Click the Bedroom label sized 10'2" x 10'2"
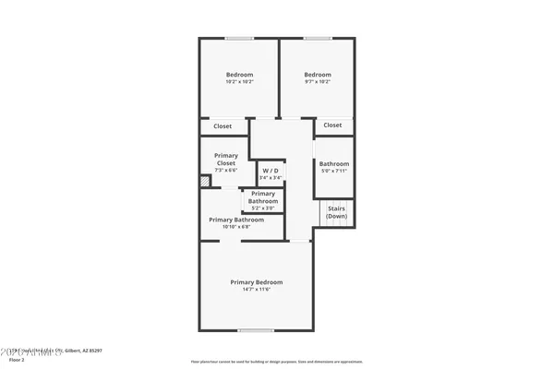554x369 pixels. pyautogui.click(x=240, y=75)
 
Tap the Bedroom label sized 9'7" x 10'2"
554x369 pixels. pyautogui.click(x=318, y=75)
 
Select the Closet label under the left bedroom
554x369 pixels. pyautogui.click(x=223, y=125)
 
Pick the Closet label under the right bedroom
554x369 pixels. pyautogui.click(x=332, y=125)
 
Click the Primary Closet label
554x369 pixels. pyautogui.click(x=226, y=160)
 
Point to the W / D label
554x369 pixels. pyautogui.click(x=271, y=171)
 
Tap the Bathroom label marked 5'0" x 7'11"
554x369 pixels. pyautogui.click(x=334, y=164)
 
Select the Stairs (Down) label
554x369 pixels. pyautogui.click(x=336, y=212)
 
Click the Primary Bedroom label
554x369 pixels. pyautogui.click(x=257, y=281)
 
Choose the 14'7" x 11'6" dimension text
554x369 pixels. pyautogui.click(x=257, y=290)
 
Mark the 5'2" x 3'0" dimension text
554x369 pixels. pyautogui.click(x=263, y=208)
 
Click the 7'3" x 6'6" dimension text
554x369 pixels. pyautogui.click(x=226, y=171)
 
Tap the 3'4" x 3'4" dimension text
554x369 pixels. pyautogui.click(x=271, y=178)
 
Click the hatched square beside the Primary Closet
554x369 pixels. pyautogui.click(x=205, y=182)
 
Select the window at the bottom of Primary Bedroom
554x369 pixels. pyautogui.click(x=256, y=330)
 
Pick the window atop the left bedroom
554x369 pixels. pyautogui.click(x=240, y=38)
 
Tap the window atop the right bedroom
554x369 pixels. pyautogui.click(x=318, y=38)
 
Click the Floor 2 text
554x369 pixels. pyautogui.click(x=17, y=360)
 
